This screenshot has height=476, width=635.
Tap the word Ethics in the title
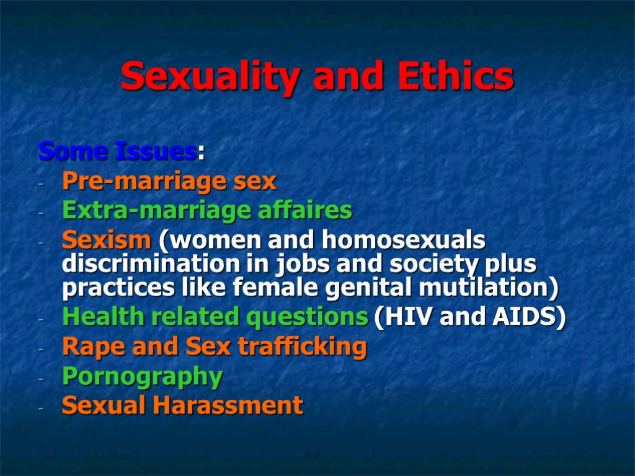click(x=455, y=77)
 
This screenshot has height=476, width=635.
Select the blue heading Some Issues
click(x=117, y=151)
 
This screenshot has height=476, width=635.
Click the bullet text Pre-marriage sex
click(x=169, y=182)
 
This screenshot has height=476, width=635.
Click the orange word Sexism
click(x=106, y=239)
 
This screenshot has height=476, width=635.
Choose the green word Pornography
click(x=143, y=377)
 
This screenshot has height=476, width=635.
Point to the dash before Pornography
click(x=41, y=378)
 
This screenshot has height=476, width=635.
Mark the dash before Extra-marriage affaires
click(x=41, y=213)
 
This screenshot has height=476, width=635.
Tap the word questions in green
click(x=307, y=317)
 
